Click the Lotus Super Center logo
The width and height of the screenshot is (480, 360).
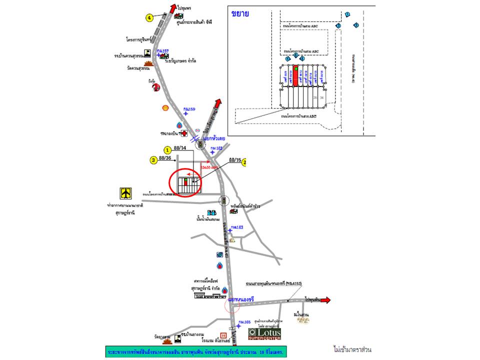pyautogui.click(x=265, y=333)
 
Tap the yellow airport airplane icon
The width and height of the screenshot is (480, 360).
pyautogui.click(x=125, y=193)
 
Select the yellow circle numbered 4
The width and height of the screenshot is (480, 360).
pyautogui.click(x=149, y=18)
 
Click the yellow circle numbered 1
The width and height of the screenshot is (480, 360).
pyautogui.click(x=167, y=149)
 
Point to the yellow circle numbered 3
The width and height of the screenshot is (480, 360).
pyautogui.click(x=153, y=159)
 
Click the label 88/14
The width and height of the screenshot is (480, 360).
pyautogui.click(x=180, y=148)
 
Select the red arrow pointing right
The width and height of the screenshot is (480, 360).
pyautogui.click(x=325, y=300)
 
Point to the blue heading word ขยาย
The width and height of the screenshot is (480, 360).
pyautogui.click(x=240, y=14)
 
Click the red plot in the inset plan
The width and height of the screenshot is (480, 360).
pyautogui.click(x=295, y=76)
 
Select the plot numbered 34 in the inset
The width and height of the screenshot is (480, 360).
pyautogui.click(x=321, y=97)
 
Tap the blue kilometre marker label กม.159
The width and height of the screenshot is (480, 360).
pyautogui.click(x=189, y=109)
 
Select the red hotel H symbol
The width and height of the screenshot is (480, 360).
pyautogui.click(x=223, y=335)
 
